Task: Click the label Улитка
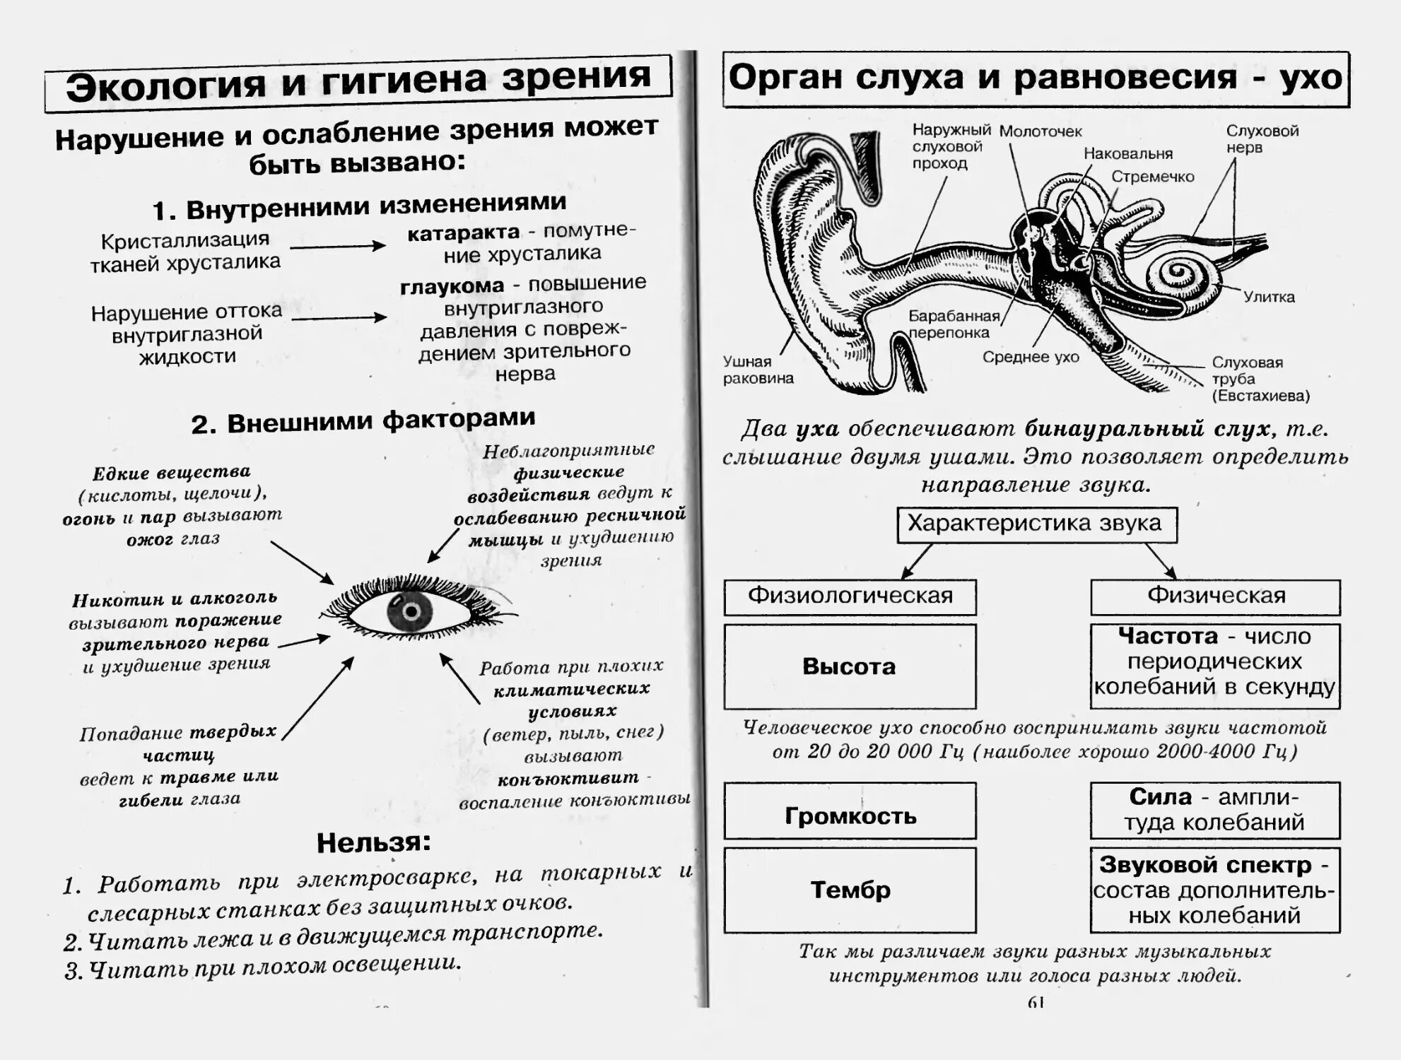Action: [x=1269, y=298]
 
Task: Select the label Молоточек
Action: [x=1040, y=131]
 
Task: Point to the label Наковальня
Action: [x=1127, y=154]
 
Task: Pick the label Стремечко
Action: [x=1152, y=177]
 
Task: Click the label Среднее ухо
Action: [x=1031, y=358]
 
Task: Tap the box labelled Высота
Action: [x=850, y=666]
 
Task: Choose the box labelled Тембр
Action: [x=850, y=890]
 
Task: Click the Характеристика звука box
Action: [x=1036, y=524]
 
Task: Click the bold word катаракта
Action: [x=463, y=234]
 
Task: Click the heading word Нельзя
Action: [x=373, y=842]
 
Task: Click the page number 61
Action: [x=1036, y=1002]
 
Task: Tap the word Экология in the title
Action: [x=166, y=86]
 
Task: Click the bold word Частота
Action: [x=1168, y=637]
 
